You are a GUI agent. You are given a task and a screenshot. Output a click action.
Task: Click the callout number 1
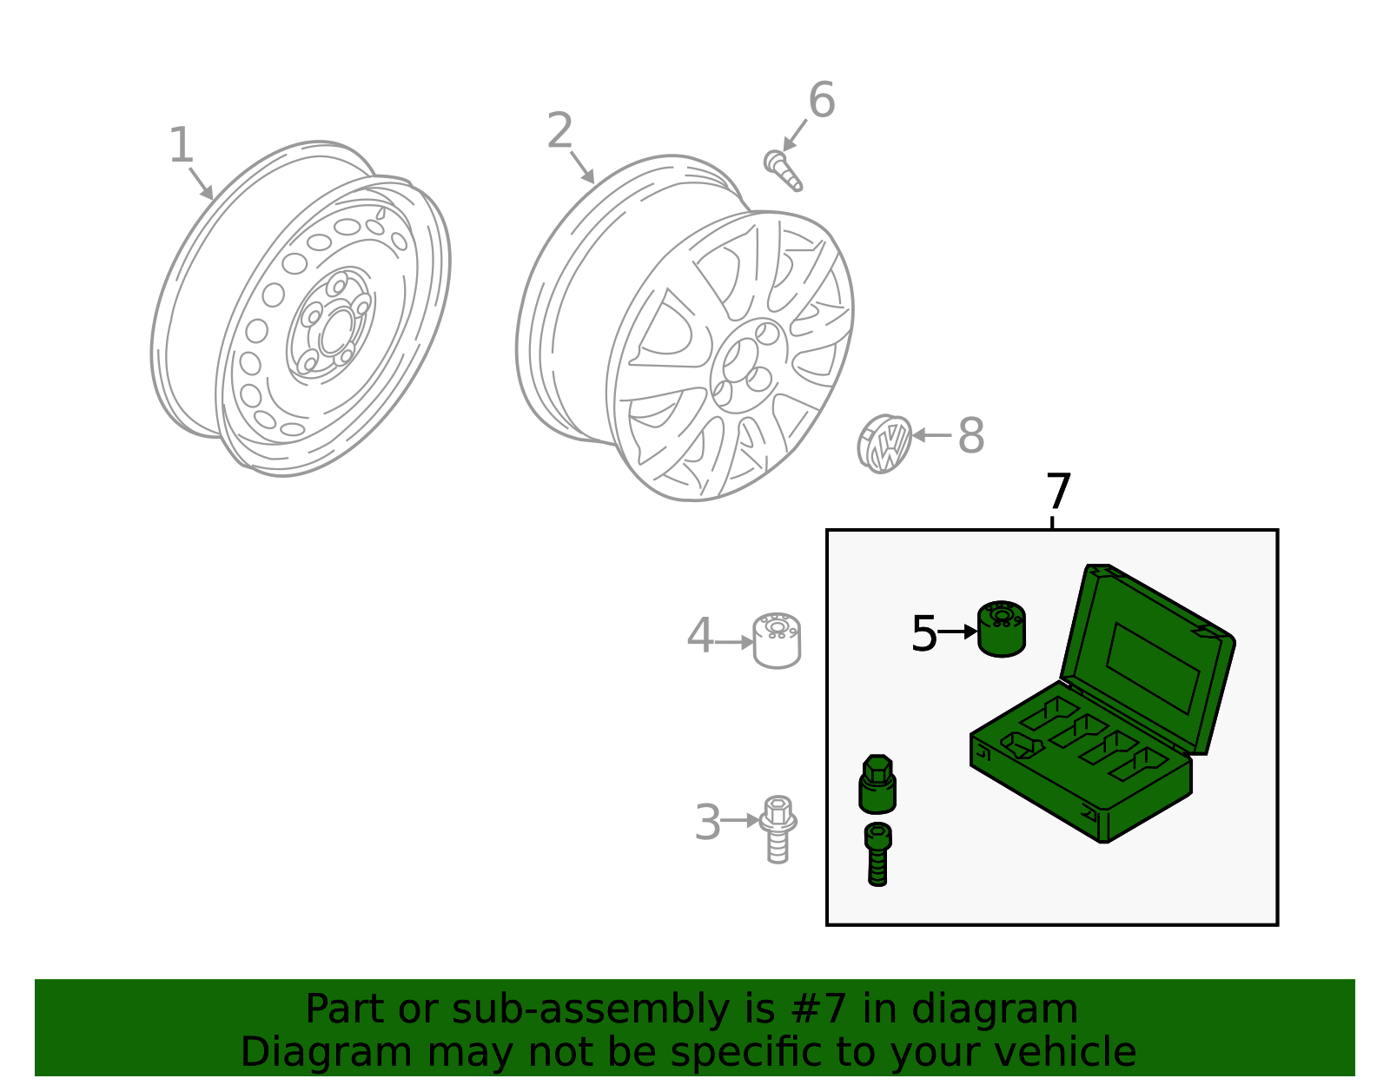(x=181, y=145)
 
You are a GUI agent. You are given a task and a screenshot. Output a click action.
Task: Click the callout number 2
(x=560, y=131)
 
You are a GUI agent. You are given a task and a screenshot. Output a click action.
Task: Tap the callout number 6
(x=821, y=100)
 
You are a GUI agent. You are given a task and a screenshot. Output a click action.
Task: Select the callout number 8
(x=970, y=436)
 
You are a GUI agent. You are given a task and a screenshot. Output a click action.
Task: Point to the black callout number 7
(x=1058, y=493)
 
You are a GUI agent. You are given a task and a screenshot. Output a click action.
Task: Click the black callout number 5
(x=923, y=633)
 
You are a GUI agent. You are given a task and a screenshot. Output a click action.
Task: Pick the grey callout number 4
(x=699, y=637)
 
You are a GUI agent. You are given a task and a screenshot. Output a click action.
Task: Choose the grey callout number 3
(x=708, y=823)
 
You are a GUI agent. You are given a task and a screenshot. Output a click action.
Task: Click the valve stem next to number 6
(x=783, y=170)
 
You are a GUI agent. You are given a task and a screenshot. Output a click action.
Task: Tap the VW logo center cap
(x=884, y=444)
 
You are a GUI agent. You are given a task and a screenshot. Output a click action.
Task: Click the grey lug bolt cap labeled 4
(x=777, y=640)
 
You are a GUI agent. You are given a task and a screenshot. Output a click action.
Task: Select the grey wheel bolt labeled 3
(x=778, y=828)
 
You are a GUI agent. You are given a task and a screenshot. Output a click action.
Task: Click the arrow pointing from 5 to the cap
(x=958, y=632)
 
